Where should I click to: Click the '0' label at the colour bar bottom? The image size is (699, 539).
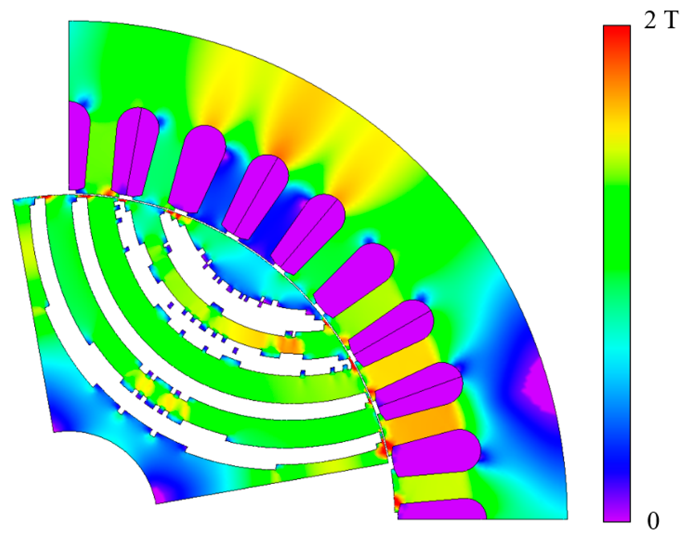[653, 521]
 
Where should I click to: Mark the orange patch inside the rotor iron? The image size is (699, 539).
[290, 346]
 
